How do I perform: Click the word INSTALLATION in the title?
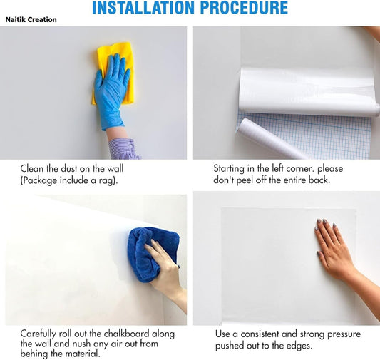tap(143, 8)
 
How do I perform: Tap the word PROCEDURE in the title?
tap(244, 8)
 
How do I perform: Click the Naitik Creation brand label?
tap(31, 20)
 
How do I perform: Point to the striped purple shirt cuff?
tap(123, 149)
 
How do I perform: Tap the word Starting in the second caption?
tap(229, 169)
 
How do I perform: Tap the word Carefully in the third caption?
tap(38, 334)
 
